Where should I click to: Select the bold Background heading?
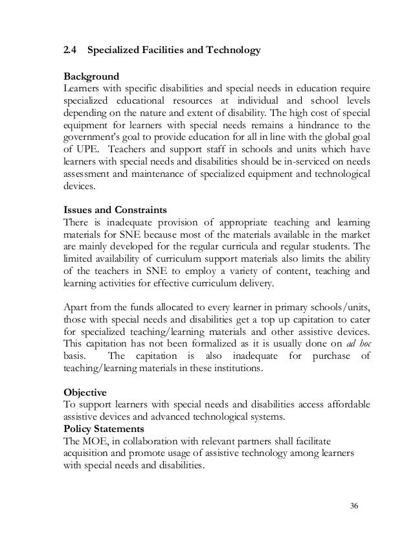(x=91, y=76)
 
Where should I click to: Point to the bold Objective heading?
(x=86, y=392)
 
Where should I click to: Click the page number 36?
(x=353, y=505)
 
